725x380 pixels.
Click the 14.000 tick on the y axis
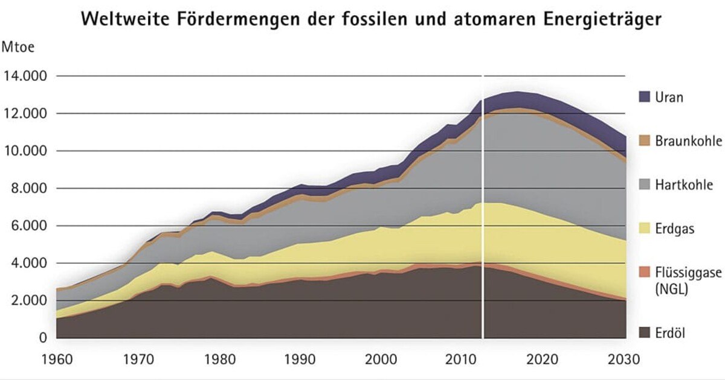pyautogui.click(x=26, y=77)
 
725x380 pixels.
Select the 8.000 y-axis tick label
pyautogui.click(x=29, y=189)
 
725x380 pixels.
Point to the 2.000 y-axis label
pyautogui.click(x=29, y=301)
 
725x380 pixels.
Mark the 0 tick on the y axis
pyautogui.click(x=42, y=338)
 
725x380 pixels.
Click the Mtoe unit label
pyautogui.click(x=19, y=46)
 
